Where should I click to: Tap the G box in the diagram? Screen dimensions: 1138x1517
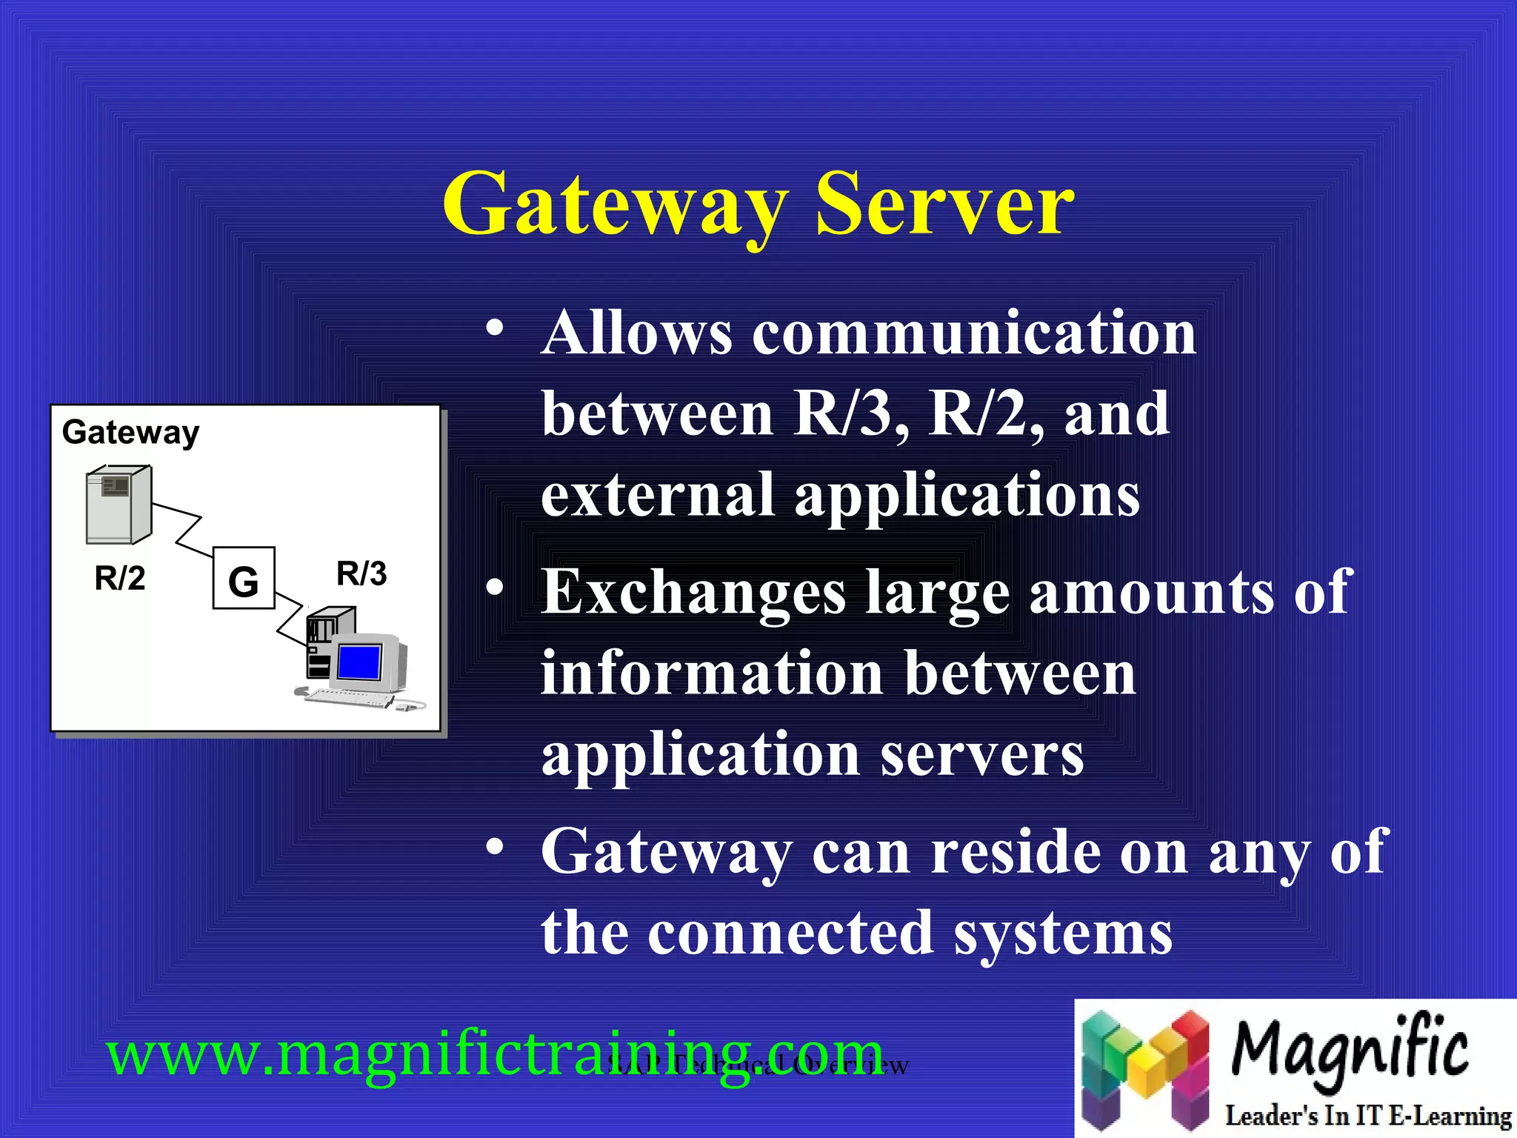point(244,579)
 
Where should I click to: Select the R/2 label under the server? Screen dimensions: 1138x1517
point(120,579)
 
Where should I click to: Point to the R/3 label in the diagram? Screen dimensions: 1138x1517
point(361,573)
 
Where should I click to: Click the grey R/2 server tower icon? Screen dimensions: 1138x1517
point(119,505)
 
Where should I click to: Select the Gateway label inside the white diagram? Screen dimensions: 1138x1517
point(130,432)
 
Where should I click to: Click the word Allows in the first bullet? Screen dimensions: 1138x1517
point(637,333)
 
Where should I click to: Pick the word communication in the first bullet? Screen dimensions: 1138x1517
point(974,333)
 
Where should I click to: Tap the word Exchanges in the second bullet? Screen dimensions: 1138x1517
point(693,593)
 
